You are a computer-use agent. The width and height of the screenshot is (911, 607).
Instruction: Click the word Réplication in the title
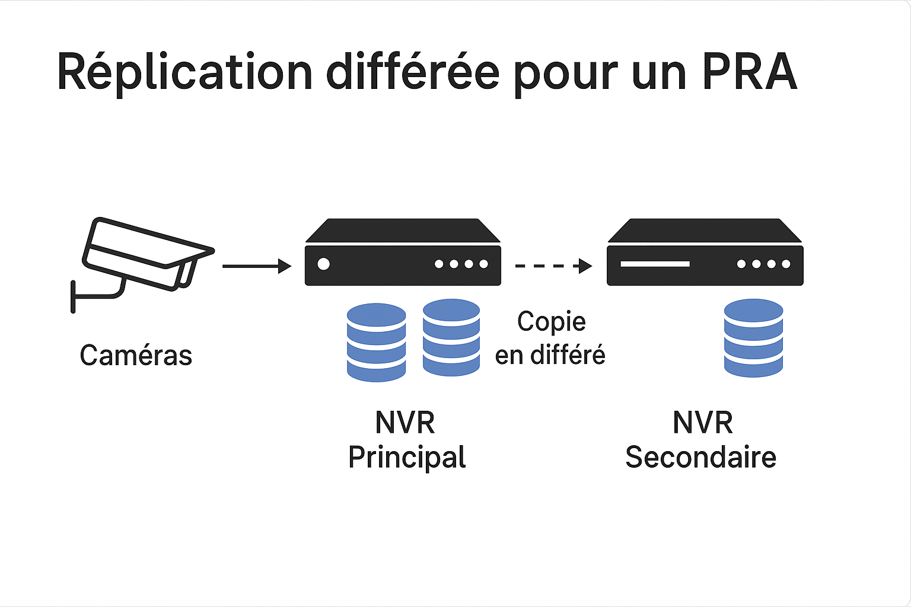point(184,72)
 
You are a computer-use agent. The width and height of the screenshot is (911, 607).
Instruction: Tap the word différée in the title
point(413,72)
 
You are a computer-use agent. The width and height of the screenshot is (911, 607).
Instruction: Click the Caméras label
point(136,356)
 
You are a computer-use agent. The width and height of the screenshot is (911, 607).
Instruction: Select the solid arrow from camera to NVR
point(256,266)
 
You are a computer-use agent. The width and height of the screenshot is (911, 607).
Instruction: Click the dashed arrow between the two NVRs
point(553,266)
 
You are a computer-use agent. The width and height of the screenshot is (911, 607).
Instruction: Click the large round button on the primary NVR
point(323,264)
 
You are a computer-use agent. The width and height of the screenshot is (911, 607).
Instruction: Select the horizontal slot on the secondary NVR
point(655,264)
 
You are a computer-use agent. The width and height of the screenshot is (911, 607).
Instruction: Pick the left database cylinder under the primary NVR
point(376,342)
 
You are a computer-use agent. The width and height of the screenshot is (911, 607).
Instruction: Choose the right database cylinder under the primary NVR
point(451,337)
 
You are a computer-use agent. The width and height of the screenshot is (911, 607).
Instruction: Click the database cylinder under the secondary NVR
point(753,338)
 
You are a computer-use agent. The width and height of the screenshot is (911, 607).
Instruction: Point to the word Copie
point(551,322)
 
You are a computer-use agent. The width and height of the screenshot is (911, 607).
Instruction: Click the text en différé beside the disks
point(550,355)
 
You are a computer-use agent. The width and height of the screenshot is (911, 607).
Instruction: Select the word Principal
point(407,457)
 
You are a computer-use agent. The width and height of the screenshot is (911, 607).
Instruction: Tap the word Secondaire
point(700,457)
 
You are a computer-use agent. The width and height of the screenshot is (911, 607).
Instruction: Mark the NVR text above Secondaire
point(702,423)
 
